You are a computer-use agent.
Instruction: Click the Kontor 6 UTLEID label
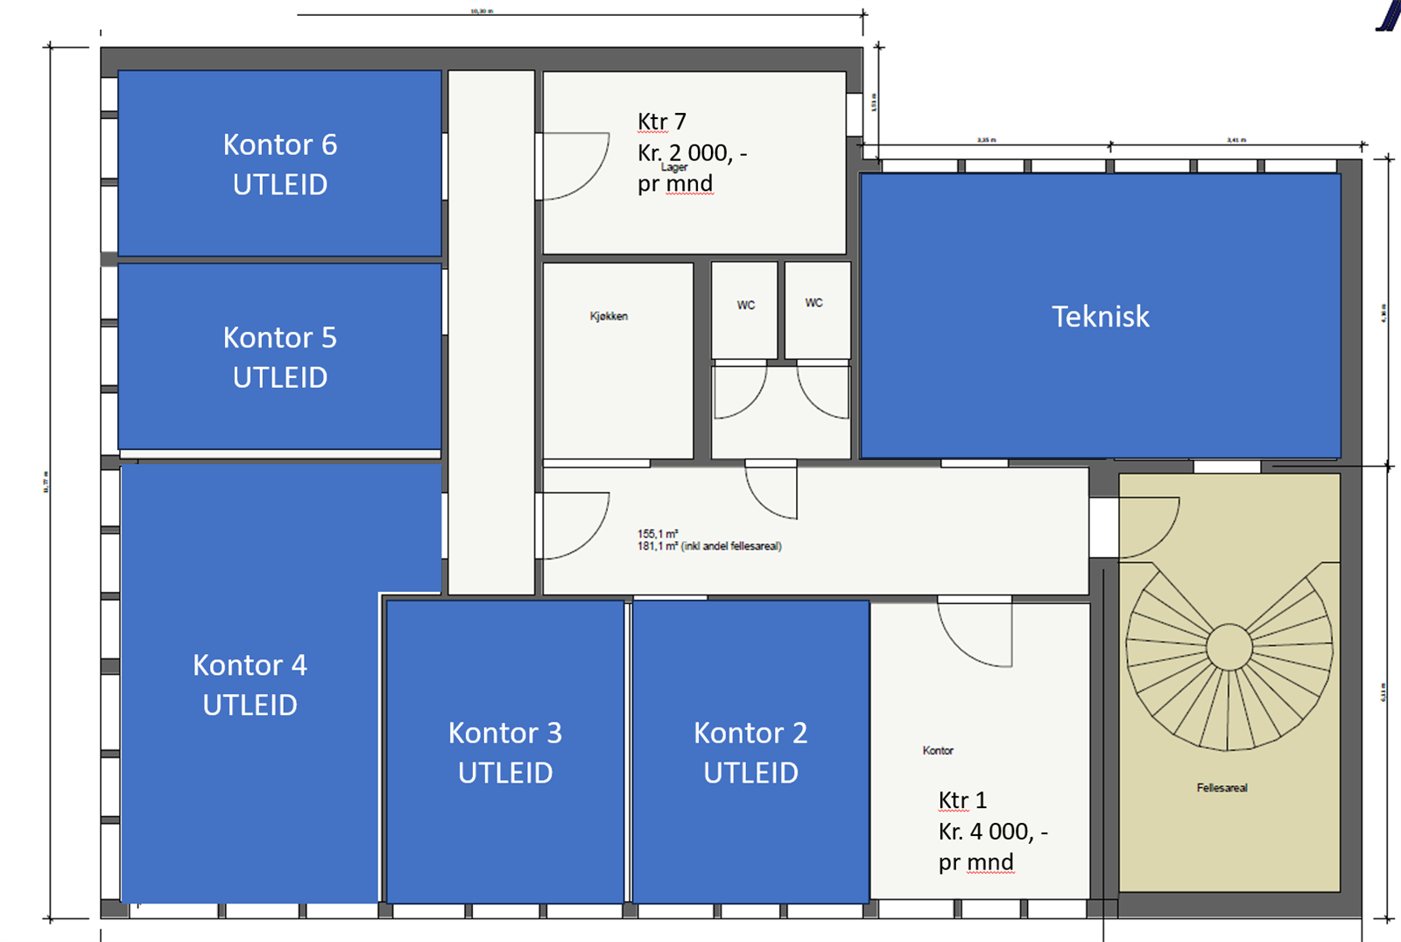pyautogui.click(x=280, y=164)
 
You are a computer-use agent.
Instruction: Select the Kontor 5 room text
pyautogui.click(x=280, y=338)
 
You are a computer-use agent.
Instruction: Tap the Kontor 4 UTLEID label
pyautogui.click(x=250, y=685)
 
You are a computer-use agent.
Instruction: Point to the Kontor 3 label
pyautogui.click(x=505, y=733)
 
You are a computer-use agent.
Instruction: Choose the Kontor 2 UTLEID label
pyautogui.click(x=750, y=753)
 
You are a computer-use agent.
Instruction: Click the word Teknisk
pyautogui.click(x=1101, y=316)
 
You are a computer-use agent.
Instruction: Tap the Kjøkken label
pyautogui.click(x=609, y=316)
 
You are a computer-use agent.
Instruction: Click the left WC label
pyautogui.click(x=746, y=305)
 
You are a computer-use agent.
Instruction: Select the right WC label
pyautogui.click(x=814, y=302)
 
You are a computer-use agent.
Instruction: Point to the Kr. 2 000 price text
pyautogui.click(x=692, y=153)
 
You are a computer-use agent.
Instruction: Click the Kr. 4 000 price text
pyautogui.click(x=993, y=832)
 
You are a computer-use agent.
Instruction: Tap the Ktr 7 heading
pyautogui.click(x=662, y=122)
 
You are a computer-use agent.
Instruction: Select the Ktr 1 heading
pyautogui.click(x=962, y=800)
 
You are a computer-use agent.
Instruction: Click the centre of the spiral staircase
pyautogui.click(x=1229, y=648)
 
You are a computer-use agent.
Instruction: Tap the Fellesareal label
pyautogui.click(x=1222, y=788)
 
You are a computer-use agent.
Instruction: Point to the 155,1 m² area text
pyautogui.click(x=658, y=533)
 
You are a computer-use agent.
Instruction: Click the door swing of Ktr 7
pyautogui.click(x=578, y=166)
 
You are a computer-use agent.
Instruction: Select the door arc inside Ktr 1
pyautogui.click(x=974, y=637)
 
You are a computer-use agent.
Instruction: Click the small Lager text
pyautogui.click(x=674, y=167)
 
